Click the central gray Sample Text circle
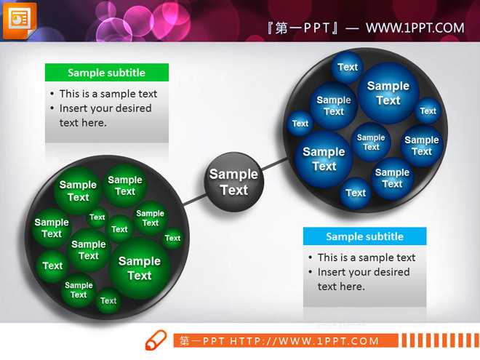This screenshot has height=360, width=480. (233, 182)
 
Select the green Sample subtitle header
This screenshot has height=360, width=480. (107, 73)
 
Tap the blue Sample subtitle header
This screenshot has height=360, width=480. (364, 236)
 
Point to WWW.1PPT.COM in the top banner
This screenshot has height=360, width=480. (415, 28)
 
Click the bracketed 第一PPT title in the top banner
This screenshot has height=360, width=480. (304, 28)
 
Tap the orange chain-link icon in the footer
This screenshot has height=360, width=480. (156, 340)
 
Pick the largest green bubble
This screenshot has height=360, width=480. (140, 268)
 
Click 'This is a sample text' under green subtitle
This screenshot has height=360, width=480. (108, 94)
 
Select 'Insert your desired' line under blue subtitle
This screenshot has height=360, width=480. (364, 272)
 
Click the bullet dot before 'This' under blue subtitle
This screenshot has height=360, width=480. (311, 258)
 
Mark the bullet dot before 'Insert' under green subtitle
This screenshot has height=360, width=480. (52, 109)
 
